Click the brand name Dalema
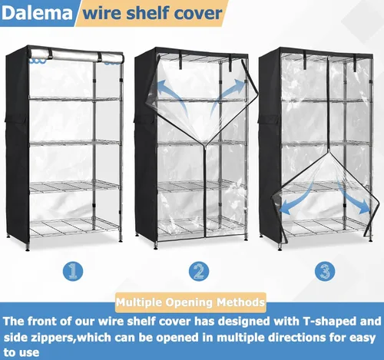pyautogui.click(x=37, y=13)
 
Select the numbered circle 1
pyautogui.click(x=73, y=271)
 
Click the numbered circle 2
pyautogui.click(x=199, y=271)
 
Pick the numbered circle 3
pyautogui.click(x=325, y=271)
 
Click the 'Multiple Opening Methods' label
pyautogui.click(x=190, y=302)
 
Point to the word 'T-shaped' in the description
pyautogui.click(x=329, y=322)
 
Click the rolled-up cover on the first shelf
pyautogui.click(x=77, y=55)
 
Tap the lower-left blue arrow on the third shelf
pyautogui.click(x=297, y=198)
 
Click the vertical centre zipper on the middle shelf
pyautogui.click(x=205, y=190)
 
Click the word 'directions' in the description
pyautogui.click(x=296, y=338)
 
